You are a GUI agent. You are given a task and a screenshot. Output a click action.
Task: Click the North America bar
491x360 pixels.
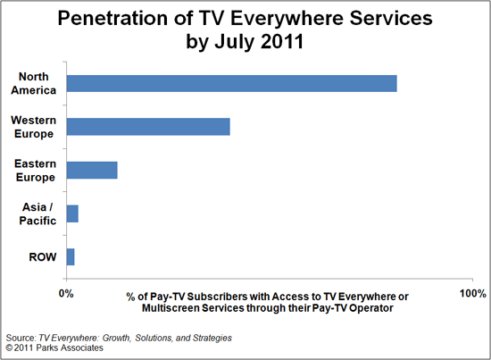pos(231,83)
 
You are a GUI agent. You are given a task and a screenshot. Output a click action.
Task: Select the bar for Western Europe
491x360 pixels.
pos(148,126)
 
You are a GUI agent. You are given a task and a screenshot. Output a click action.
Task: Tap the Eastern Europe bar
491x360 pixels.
pos(92,170)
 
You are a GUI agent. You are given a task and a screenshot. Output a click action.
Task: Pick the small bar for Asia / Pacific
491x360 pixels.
pos(72,213)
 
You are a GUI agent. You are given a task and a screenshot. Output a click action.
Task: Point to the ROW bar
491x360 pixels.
pos(71,256)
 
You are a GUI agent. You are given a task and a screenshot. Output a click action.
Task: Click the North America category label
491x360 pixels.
pos(32,83)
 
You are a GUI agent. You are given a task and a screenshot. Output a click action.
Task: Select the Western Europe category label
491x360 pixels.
pos(32,126)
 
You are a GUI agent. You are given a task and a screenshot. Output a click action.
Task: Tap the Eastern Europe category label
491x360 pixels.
pos(34,170)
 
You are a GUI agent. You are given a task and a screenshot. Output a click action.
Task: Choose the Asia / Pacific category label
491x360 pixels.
pos(38,213)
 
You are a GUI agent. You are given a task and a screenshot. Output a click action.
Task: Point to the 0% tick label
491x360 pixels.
pos(66,294)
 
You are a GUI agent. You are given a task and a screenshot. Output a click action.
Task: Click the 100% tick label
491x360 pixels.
pos(472,294)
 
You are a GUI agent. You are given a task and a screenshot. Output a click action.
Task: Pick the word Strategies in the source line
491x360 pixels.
pos(207,339)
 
